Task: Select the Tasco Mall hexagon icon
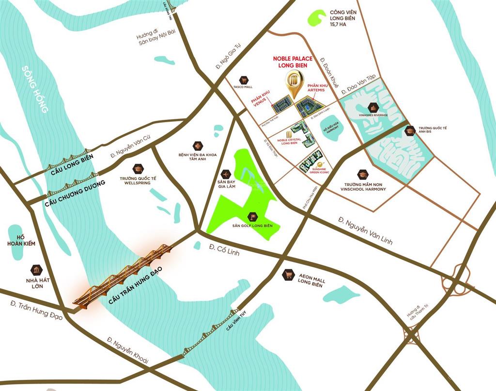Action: [243, 80]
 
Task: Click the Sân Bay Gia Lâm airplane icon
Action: [225, 174]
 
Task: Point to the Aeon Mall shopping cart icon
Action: [288, 275]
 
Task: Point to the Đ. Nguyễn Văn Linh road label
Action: [365, 231]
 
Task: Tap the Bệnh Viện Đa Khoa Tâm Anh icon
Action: [198, 146]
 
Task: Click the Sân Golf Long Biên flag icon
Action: [252, 217]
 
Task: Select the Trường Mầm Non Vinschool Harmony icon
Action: [363, 174]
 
